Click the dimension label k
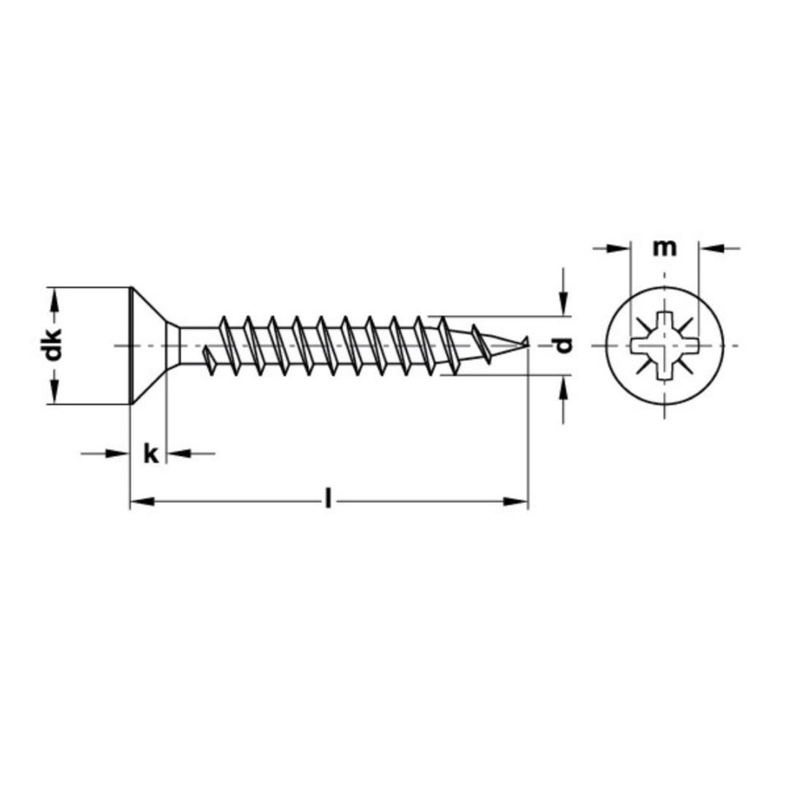(x=150, y=453)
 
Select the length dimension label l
(x=329, y=500)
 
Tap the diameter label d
(x=564, y=345)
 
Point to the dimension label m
(x=664, y=247)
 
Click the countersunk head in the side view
(x=148, y=345)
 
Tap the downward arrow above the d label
(x=564, y=307)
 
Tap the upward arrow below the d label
(x=564, y=385)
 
